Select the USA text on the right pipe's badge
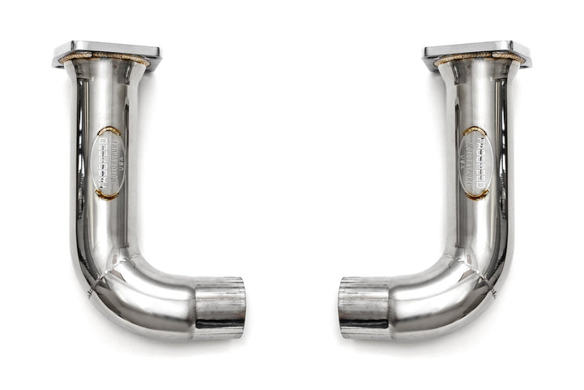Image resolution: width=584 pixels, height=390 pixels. [469, 162]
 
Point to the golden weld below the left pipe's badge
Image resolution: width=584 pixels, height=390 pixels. [105, 194]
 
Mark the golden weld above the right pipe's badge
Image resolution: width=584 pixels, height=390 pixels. [474, 130]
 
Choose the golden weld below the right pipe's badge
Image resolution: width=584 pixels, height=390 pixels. [477, 194]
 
